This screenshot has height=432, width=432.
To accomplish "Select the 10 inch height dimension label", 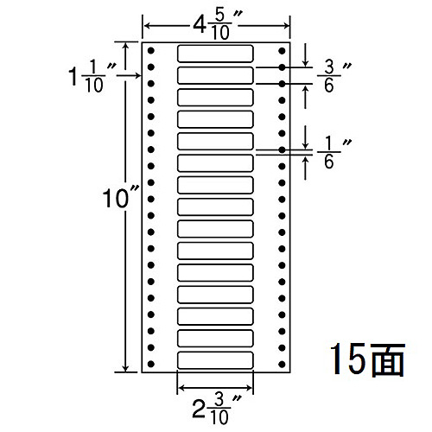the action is click(x=120, y=197).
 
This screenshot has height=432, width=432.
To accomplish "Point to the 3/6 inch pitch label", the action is click(x=334, y=76).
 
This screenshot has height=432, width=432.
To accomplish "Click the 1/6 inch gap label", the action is click(x=334, y=152).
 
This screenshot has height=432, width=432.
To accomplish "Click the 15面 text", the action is click(x=367, y=360).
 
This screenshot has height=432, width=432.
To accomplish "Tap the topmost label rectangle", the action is click(x=215, y=54).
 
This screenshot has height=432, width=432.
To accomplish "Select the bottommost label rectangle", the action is click(x=215, y=360).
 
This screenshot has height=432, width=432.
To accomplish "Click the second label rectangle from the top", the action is click(x=215, y=75).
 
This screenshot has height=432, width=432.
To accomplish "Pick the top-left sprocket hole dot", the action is click(x=150, y=51).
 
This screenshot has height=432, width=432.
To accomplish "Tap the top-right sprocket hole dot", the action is click(x=282, y=51).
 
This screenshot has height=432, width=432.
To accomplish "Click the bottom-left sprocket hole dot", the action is click(x=150, y=365).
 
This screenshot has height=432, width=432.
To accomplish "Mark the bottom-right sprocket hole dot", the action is click(x=282, y=365).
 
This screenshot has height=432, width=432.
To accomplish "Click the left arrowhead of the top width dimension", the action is click(x=147, y=26).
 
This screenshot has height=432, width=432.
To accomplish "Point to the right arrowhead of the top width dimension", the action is click(x=286, y=26).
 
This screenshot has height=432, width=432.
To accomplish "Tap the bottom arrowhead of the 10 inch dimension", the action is click(x=125, y=369).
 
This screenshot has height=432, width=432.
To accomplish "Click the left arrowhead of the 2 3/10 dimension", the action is click(x=181, y=388).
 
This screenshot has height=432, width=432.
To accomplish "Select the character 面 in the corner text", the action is click(x=388, y=360).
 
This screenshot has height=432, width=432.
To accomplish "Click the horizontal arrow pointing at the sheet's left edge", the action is click(x=129, y=75).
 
